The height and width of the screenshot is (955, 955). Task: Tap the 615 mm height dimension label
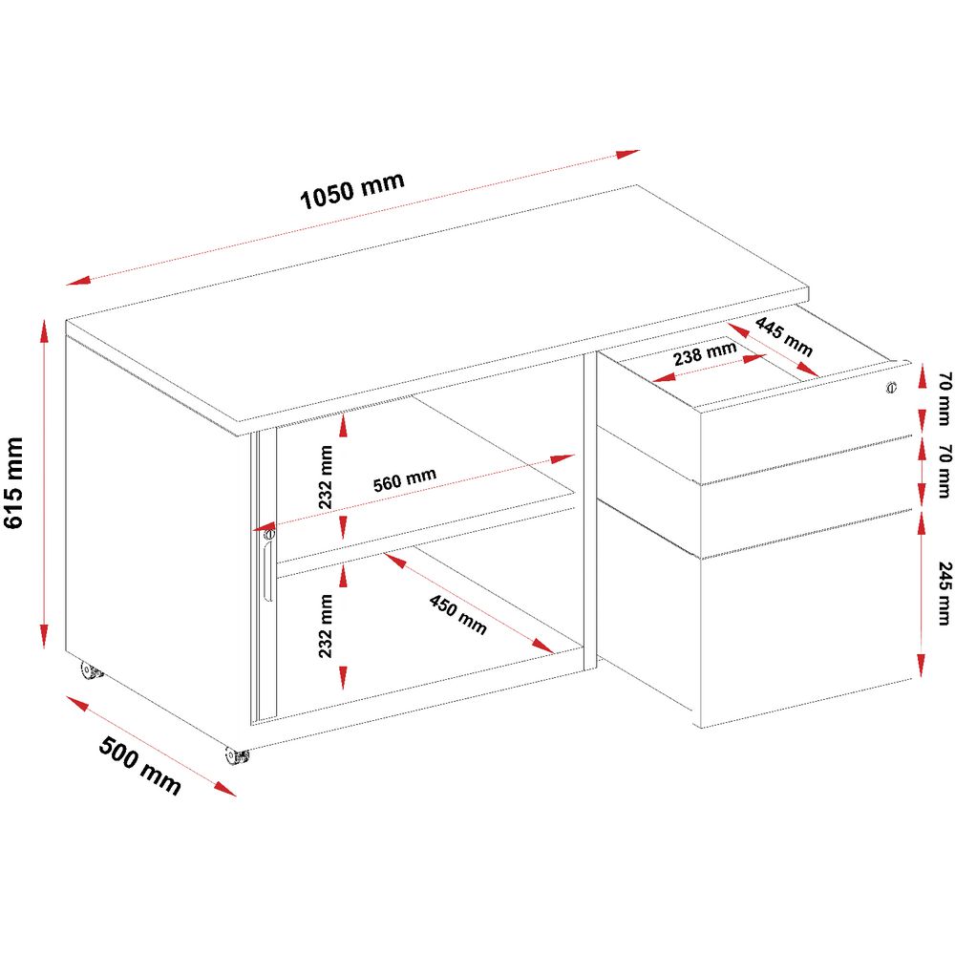(13, 481)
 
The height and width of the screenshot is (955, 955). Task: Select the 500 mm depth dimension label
(140, 765)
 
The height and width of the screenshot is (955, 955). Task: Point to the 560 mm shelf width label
(404, 479)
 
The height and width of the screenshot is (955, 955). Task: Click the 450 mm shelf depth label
(458, 614)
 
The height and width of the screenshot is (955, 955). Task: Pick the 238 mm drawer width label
(705, 353)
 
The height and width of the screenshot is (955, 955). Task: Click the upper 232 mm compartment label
(326, 477)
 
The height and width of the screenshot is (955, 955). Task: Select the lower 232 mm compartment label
(326, 626)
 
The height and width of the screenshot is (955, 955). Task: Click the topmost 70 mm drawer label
(944, 398)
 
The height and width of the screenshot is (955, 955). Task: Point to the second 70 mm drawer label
(944, 471)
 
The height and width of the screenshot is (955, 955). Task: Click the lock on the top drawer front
(892, 387)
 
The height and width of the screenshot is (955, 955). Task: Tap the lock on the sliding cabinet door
(270, 534)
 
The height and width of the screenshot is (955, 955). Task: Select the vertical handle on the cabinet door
(267, 571)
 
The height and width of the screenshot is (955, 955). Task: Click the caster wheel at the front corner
(236, 755)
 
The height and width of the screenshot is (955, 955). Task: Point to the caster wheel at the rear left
(92, 671)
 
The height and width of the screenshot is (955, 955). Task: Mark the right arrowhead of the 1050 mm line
(628, 154)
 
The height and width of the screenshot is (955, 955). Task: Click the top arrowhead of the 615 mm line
(44, 332)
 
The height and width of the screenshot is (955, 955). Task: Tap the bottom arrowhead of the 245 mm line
(922, 665)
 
